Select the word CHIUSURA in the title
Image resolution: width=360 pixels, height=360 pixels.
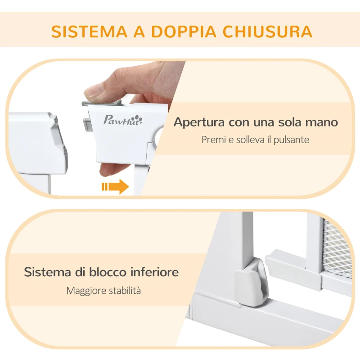[274, 31]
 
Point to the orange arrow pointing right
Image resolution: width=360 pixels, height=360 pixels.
[115, 186]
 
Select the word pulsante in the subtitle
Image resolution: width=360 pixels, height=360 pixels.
[292, 140]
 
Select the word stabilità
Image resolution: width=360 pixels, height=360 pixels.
[124, 291]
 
